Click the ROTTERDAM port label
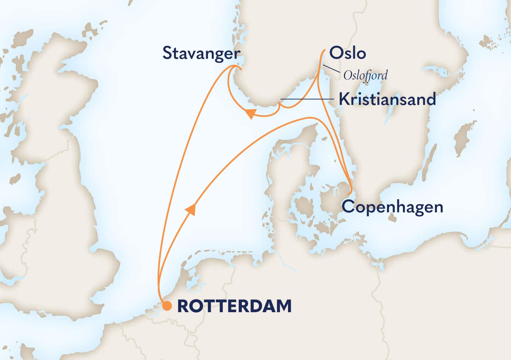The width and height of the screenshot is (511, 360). tap(234, 306)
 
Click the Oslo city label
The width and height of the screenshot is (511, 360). tap(348, 53)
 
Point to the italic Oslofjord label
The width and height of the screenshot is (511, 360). tap(365, 75)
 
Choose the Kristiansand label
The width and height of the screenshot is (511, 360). tap(387, 99)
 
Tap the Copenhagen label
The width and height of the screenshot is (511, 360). tap(393, 207)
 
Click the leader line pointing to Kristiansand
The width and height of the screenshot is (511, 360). tap(306, 99)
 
